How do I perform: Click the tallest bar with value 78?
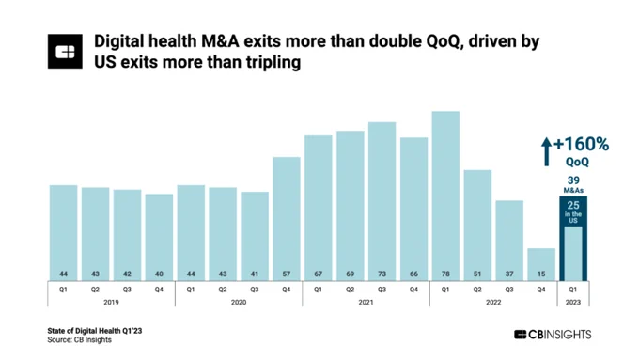(445, 196)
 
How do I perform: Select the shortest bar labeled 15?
(541, 265)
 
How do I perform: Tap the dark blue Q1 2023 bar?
(573, 239)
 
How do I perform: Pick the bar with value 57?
(287, 219)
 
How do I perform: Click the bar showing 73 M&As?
(382, 201)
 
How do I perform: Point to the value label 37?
(509, 274)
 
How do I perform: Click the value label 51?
(477, 274)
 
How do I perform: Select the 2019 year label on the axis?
(111, 302)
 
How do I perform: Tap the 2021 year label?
(366, 302)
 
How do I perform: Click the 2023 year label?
(573, 302)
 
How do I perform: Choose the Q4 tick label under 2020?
(287, 290)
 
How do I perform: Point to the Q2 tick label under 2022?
(477, 290)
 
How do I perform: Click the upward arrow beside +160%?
(547, 151)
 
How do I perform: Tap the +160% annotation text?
(581, 144)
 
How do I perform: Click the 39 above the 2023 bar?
(573, 180)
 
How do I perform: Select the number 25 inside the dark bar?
(573, 206)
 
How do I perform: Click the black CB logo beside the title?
(65, 52)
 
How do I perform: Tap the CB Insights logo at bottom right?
(553, 335)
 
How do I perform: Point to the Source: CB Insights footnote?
(80, 339)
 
